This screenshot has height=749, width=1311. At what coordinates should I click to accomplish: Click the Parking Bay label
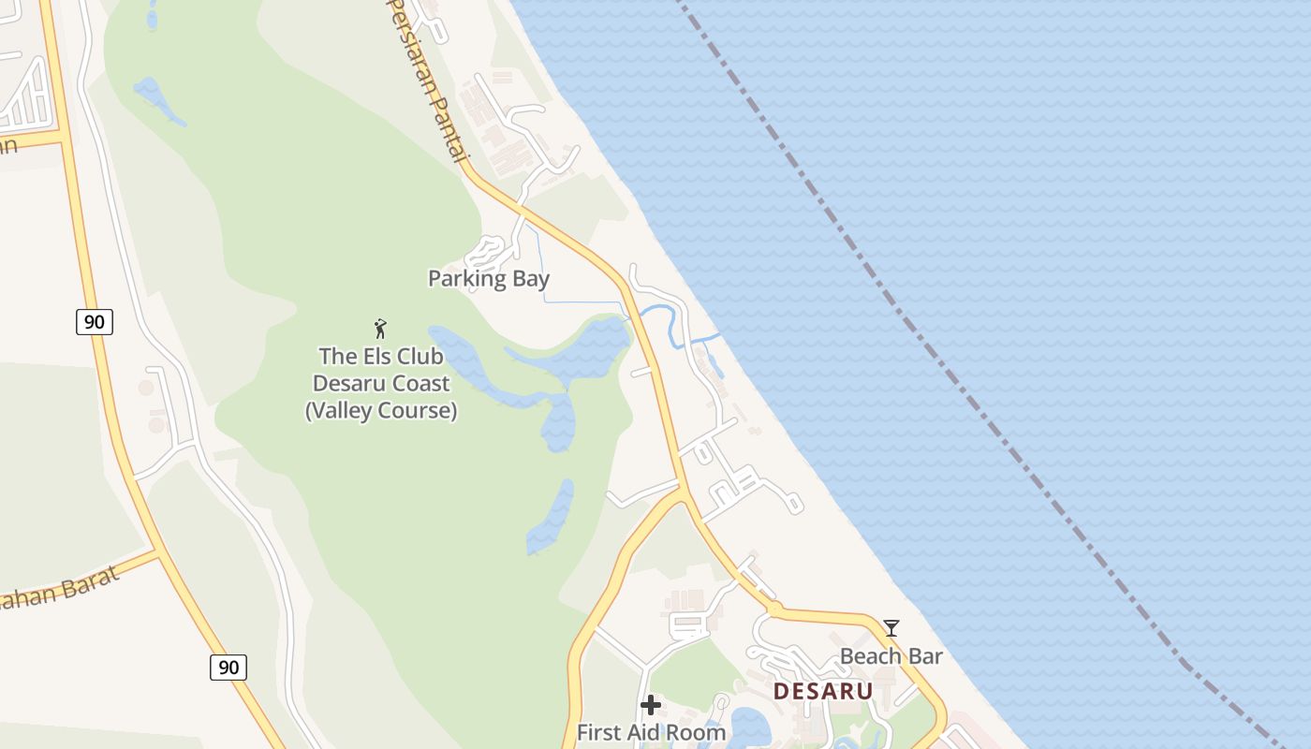[x=488, y=278]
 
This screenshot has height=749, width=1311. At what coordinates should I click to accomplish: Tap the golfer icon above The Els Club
[x=380, y=329]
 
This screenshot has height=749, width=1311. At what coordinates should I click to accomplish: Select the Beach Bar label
[x=891, y=656]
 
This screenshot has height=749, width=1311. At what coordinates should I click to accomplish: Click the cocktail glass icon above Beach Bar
[x=891, y=628]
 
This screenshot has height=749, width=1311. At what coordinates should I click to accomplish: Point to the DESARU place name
[x=823, y=692]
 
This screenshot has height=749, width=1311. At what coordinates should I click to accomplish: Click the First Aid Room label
[x=651, y=732]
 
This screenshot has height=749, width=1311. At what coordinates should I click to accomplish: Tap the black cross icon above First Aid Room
[x=651, y=705]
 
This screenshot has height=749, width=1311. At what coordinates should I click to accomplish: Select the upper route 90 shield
[x=94, y=322]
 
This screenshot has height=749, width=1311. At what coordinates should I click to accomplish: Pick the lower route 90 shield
[x=228, y=668]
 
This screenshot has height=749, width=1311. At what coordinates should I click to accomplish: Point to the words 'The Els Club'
[x=380, y=356]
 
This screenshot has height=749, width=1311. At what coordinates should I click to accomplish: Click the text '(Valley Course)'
[x=381, y=411]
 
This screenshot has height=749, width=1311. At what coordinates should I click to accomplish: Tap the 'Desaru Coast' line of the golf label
[x=381, y=384]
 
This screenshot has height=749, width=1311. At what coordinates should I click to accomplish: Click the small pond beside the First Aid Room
[x=749, y=725]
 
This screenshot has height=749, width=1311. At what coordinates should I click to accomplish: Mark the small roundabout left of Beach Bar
[x=774, y=609]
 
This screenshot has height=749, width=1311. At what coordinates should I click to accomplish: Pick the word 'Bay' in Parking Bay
[x=530, y=278]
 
